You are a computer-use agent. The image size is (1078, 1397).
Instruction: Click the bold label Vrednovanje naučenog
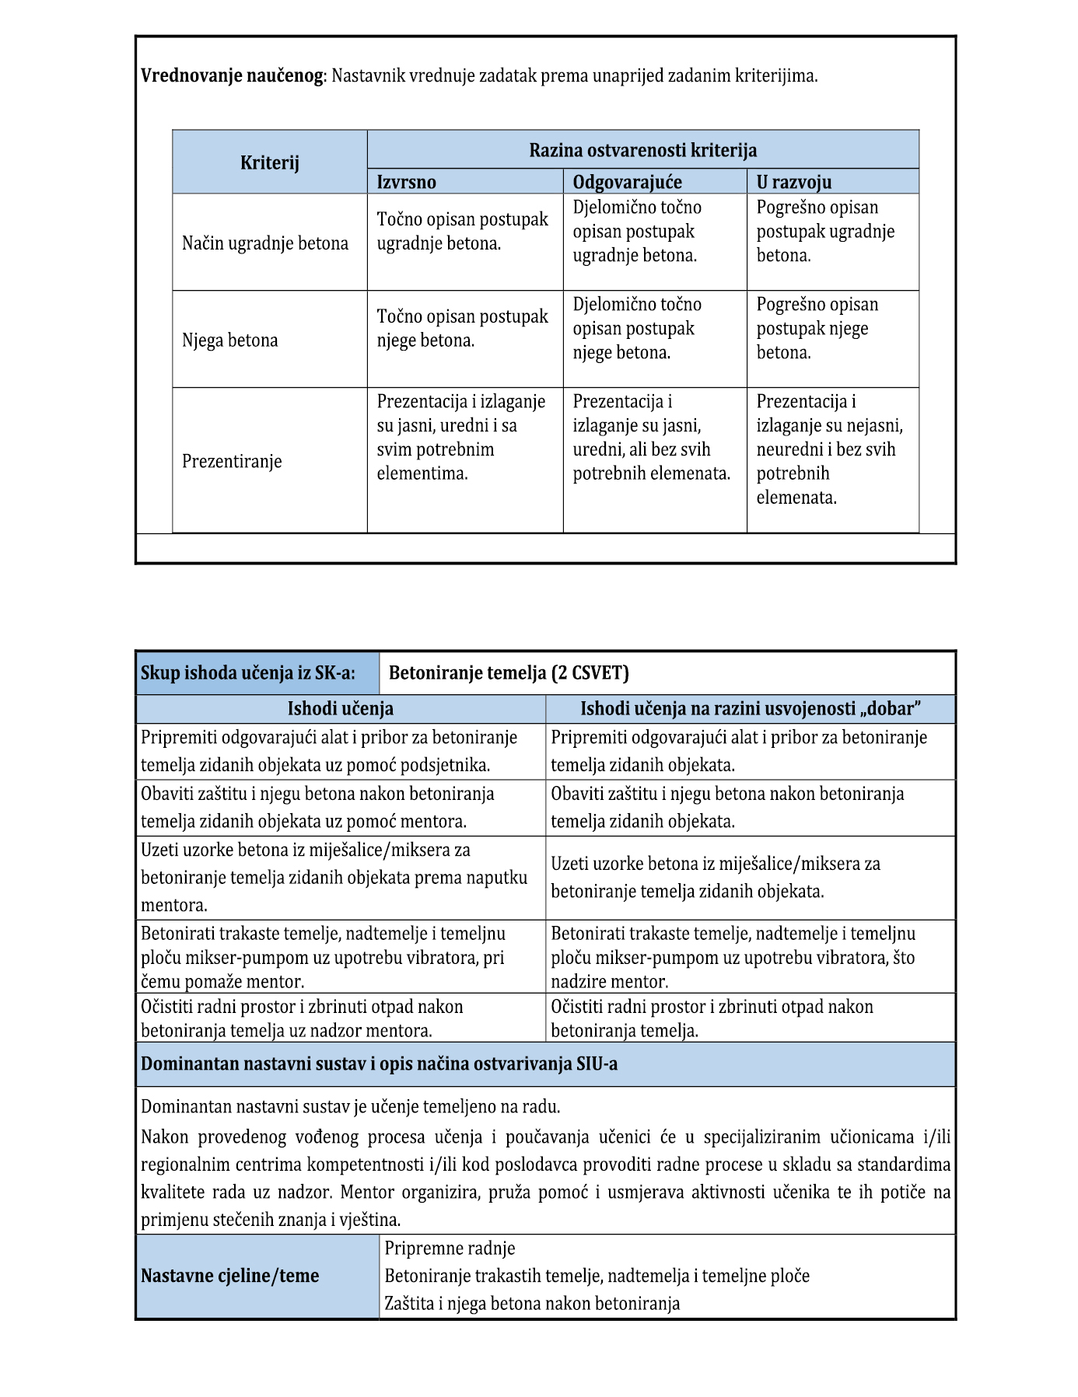tap(232, 76)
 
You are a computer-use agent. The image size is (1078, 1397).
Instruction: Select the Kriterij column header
tap(269, 162)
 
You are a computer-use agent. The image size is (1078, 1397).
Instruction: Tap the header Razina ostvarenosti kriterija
tap(642, 150)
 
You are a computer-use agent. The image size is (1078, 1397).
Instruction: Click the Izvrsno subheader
tap(406, 182)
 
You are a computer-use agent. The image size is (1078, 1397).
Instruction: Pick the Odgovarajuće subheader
tap(627, 182)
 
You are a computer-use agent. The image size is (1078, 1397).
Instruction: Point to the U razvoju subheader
tap(793, 182)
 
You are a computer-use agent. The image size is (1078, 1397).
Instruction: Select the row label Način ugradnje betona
tap(264, 243)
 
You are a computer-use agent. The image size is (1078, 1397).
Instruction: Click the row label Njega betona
tap(229, 341)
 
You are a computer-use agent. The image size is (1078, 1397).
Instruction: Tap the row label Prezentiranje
tap(232, 461)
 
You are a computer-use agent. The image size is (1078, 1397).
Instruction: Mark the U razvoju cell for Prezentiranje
tap(829, 449)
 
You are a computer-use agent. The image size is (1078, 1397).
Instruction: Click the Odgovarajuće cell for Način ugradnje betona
tap(637, 232)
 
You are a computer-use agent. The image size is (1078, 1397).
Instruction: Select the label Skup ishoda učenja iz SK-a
tap(247, 672)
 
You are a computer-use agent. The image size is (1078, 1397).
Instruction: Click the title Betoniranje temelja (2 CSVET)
tap(509, 672)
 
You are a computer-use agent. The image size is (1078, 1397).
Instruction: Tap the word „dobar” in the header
tap(894, 708)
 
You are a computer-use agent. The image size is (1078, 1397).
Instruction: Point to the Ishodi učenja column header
tap(340, 708)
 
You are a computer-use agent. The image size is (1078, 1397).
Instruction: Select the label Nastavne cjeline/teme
tap(229, 1276)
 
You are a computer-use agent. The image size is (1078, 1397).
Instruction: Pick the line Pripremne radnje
tap(450, 1249)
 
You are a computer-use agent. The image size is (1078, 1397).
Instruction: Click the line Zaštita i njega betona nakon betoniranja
tap(532, 1303)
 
